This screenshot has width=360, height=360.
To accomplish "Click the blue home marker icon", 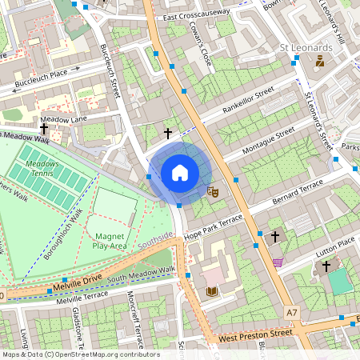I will coord(180,173).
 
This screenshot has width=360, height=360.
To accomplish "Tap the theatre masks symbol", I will coord(213,192).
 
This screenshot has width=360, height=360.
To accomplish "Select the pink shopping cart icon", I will coord(278,262).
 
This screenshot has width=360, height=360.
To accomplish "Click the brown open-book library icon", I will coord(211,291).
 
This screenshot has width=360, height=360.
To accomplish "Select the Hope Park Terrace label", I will coord(213,225).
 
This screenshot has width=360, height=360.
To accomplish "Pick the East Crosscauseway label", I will coord(195,13).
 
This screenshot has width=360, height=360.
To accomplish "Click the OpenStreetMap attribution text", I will coord(81,354).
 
